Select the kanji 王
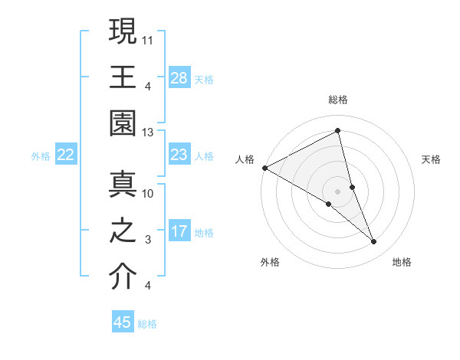click(x=123, y=76)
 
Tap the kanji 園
click(x=123, y=123)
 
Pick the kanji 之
click(x=123, y=231)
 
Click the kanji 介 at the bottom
click(x=123, y=277)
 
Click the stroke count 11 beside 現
click(x=148, y=38)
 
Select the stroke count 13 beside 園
click(x=148, y=132)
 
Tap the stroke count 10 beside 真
click(x=148, y=194)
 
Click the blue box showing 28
click(x=179, y=77)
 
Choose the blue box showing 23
click(x=179, y=155)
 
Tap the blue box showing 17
click(x=179, y=231)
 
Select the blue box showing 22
click(x=66, y=155)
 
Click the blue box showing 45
click(x=123, y=322)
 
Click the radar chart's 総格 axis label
click(x=338, y=100)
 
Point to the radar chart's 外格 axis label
click(x=270, y=262)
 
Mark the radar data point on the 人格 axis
click(x=264, y=167)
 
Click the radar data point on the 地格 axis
click(x=374, y=242)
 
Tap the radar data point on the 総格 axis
click(x=338, y=132)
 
